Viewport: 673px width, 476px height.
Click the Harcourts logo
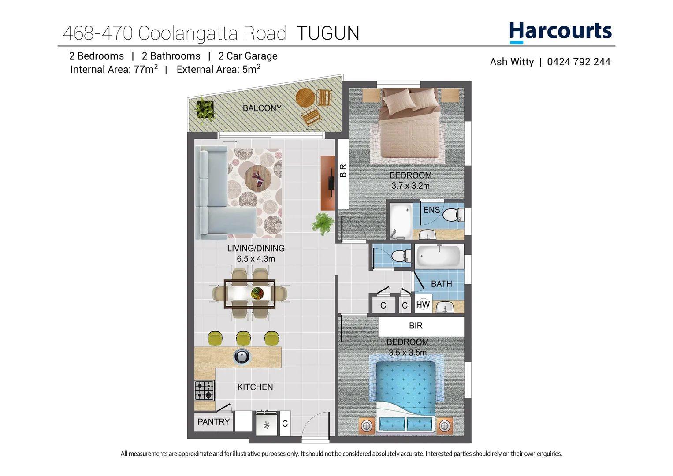point(560,32)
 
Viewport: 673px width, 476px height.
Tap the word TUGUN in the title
point(327,33)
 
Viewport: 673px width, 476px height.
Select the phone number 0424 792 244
point(578,62)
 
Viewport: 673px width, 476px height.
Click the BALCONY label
point(262,108)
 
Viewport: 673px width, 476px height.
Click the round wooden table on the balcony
point(305,97)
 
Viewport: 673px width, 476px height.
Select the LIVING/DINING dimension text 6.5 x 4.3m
point(256,259)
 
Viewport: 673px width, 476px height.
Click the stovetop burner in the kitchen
point(205,390)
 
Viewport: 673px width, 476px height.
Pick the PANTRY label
point(213,422)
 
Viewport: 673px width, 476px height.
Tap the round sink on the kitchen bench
point(242,356)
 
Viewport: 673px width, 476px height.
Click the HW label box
point(423,305)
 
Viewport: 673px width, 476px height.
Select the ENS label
point(431,210)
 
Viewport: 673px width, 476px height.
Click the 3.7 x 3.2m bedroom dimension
point(410,186)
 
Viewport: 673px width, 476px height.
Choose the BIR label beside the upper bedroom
point(343,171)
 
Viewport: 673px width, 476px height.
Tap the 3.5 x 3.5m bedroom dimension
point(408,353)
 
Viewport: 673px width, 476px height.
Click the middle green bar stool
point(243,338)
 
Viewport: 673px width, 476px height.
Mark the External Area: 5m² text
point(218,70)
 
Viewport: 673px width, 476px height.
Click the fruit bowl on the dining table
point(257,293)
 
